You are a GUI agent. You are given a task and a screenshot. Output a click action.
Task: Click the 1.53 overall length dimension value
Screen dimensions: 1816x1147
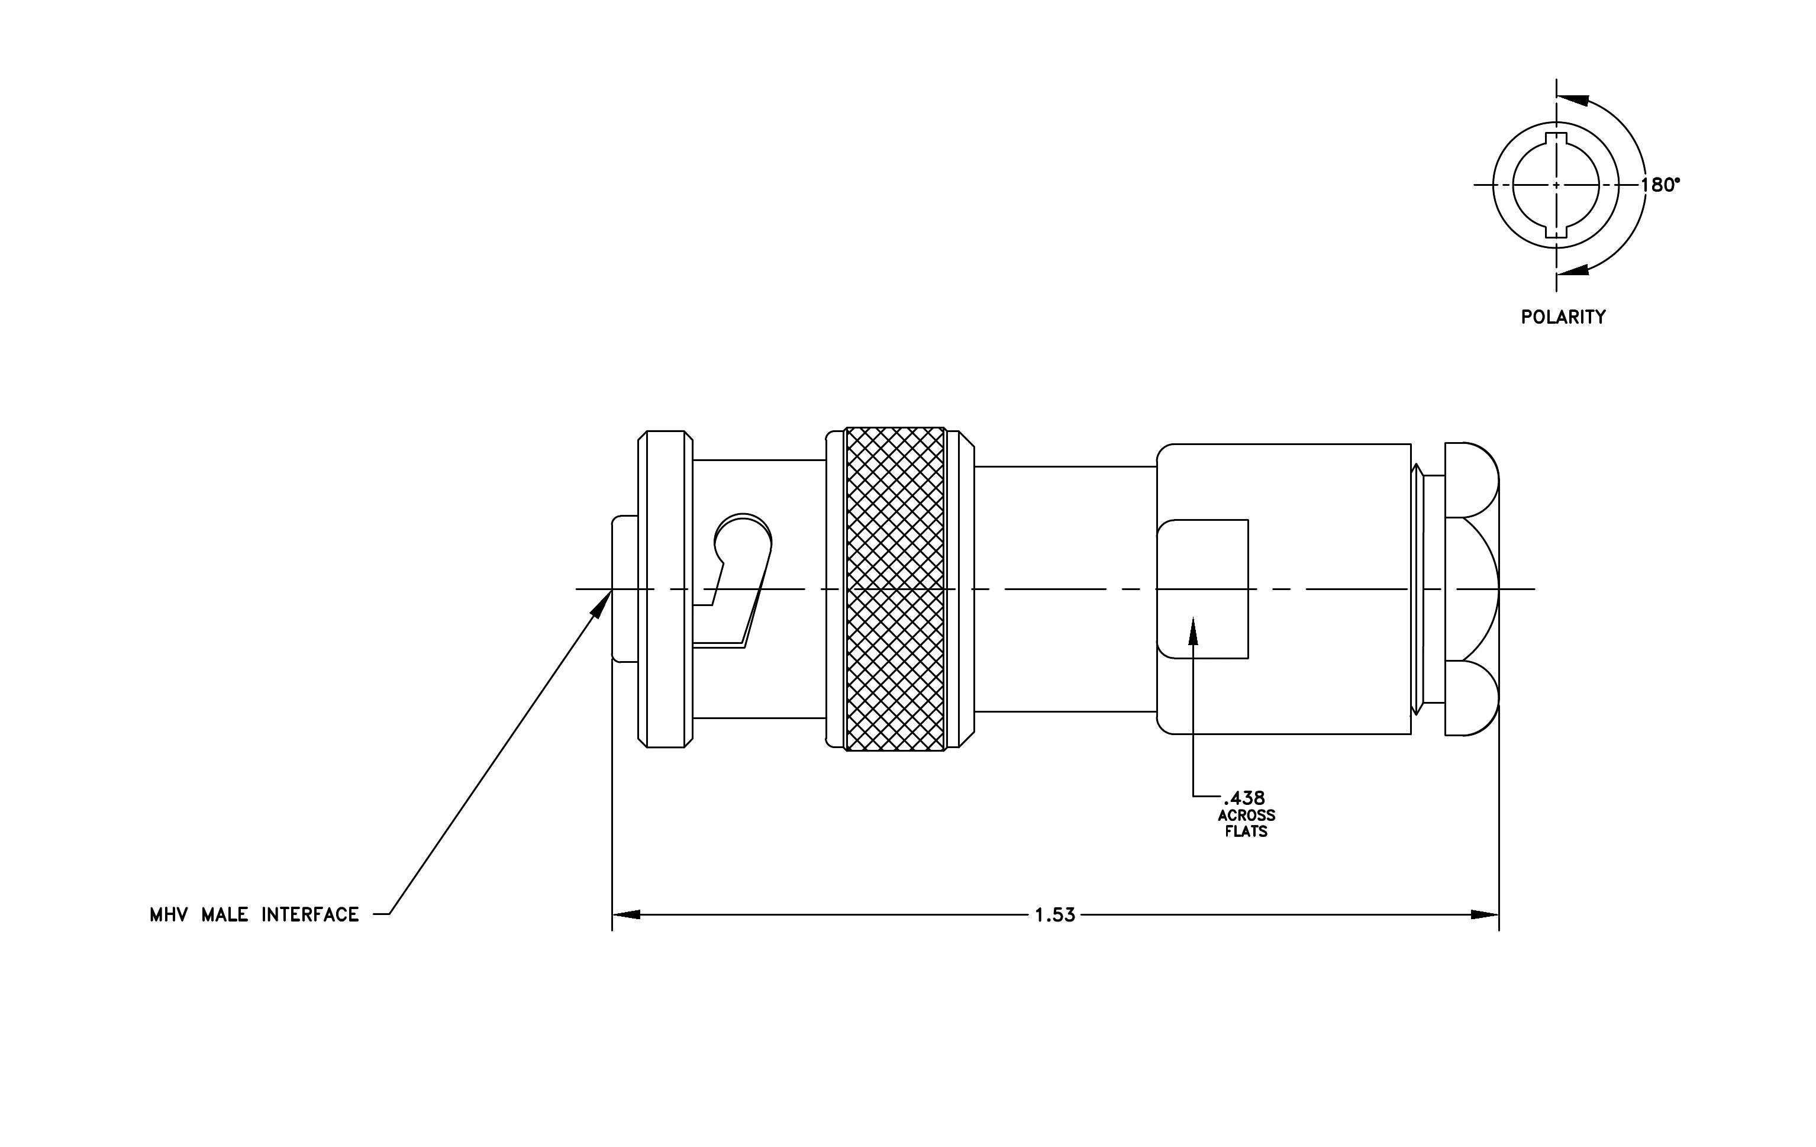[1055, 916]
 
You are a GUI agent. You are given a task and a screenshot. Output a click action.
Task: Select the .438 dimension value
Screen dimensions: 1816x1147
[1244, 798]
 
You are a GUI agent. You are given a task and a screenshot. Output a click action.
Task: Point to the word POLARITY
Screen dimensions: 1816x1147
[1563, 317]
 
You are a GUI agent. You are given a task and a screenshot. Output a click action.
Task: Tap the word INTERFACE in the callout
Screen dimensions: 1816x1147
[310, 916]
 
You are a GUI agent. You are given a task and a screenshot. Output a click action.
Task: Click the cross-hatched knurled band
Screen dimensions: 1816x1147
[895, 589]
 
